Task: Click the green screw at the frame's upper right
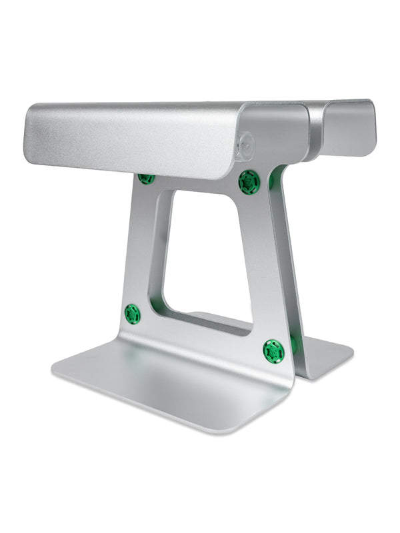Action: pyautogui.click(x=249, y=181)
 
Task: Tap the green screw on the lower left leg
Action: pyautogui.click(x=133, y=314)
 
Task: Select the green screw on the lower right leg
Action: pyautogui.click(x=273, y=350)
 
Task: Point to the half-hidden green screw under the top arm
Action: pyautogui.click(x=146, y=178)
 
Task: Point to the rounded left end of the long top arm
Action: pyautogui.click(x=30, y=133)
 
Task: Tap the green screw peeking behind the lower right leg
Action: pyautogui.click(x=293, y=345)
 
